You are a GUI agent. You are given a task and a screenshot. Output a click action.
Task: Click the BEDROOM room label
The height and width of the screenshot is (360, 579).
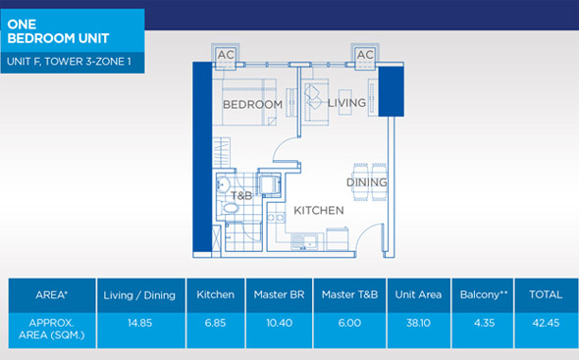(252, 105)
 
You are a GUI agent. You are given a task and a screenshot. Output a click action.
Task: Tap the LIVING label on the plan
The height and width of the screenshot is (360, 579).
(346, 103)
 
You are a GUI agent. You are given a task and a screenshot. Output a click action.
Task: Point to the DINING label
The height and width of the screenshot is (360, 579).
(367, 182)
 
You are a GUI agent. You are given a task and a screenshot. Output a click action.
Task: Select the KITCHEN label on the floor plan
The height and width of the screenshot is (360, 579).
(319, 210)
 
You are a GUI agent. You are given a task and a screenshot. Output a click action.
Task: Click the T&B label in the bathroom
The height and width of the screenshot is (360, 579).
(241, 195)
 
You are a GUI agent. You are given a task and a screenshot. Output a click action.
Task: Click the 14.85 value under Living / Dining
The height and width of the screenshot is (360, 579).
(140, 323)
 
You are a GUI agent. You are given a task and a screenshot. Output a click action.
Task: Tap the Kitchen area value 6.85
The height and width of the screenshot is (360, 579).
(215, 323)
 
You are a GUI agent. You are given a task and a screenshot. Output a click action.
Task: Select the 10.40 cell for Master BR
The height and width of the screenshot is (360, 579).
(279, 323)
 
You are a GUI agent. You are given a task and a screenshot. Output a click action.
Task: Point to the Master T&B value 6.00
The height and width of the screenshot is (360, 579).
(349, 323)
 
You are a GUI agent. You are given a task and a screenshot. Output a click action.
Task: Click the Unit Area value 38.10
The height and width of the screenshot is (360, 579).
(418, 323)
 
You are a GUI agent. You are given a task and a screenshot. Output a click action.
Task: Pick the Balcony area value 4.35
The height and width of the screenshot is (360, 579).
(484, 323)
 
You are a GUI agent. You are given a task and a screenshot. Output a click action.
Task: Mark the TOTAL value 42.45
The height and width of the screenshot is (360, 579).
(547, 323)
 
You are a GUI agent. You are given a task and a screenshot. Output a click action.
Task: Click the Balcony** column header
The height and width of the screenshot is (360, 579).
(484, 294)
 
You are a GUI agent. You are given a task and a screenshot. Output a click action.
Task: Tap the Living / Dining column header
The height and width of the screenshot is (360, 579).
(139, 295)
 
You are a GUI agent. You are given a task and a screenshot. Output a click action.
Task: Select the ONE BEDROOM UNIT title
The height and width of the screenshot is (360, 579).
(58, 31)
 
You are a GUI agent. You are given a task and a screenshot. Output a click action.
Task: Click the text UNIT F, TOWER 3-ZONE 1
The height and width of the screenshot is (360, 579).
(69, 61)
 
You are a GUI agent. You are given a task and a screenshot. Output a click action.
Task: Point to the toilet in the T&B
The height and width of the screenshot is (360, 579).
(229, 208)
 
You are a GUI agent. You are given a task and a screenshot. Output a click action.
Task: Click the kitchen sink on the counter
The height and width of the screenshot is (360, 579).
(304, 242)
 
